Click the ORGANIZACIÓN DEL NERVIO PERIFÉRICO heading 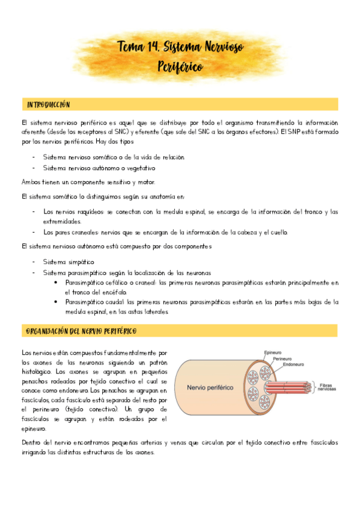tap(82, 331)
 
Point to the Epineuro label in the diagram tap(273, 352)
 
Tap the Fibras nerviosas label tap(328, 386)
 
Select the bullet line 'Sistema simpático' tap(69, 262)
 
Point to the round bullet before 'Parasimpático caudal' tap(55, 302)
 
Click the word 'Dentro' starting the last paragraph tap(31, 443)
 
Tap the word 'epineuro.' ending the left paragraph tap(34, 429)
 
